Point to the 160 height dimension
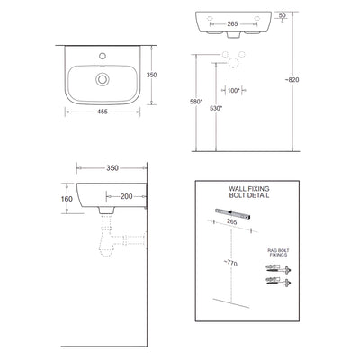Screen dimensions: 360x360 pyautogui.click(x=66, y=202)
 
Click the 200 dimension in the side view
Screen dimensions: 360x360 pyautogui.click(x=125, y=195)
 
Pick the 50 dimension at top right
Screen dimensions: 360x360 pyautogui.click(x=283, y=14)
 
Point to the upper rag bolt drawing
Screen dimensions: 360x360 pyautogui.click(x=274, y=269)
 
